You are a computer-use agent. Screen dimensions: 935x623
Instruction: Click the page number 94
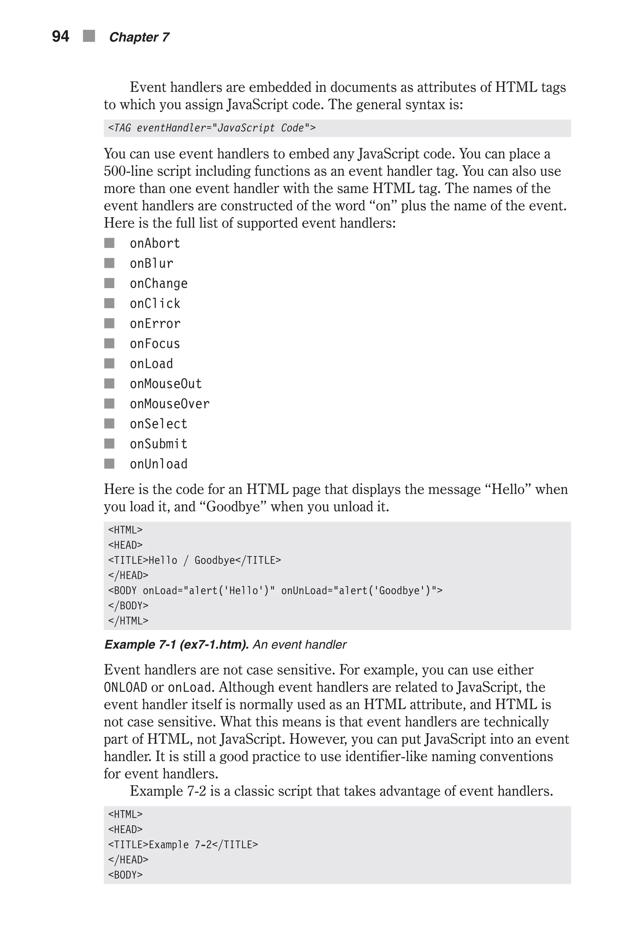pyautogui.click(x=61, y=37)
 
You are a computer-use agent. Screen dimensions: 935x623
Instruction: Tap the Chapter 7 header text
pyautogui.click(x=139, y=37)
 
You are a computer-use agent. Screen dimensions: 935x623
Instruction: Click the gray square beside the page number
pyautogui.click(x=89, y=36)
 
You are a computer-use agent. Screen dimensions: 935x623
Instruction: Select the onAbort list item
pyautogui.click(x=155, y=243)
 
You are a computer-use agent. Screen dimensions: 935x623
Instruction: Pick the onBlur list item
pyautogui.click(x=151, y=263)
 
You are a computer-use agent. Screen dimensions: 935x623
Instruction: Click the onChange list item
pyautogui.click(x=158, y=283)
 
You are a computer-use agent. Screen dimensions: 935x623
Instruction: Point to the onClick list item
pyautogui.click(x=155, y=303)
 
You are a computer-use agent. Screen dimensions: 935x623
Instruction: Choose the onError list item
pyautogui.click(x=155, y=324)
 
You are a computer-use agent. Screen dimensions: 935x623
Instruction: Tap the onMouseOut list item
pyautogui.click(x=166, y=383)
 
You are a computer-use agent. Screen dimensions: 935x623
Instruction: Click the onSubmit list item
pyautogui.click(x=158, y=444)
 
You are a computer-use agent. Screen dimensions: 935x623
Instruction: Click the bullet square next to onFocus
pyautogui.click(x=109, y=343)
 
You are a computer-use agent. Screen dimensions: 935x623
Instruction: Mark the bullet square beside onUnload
pyautogui.click(x=109, y=464)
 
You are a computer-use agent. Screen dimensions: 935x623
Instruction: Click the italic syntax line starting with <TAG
pyautogui.click(x=212, y=128)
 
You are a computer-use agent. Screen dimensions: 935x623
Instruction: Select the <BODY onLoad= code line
pyautogui.click(x=275, y=591)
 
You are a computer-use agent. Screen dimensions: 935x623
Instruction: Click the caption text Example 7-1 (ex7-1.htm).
pyautogui.click(x=176, y=644)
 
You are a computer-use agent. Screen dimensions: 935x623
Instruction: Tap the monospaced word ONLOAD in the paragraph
pyautogui.click(x=125, y=687)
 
